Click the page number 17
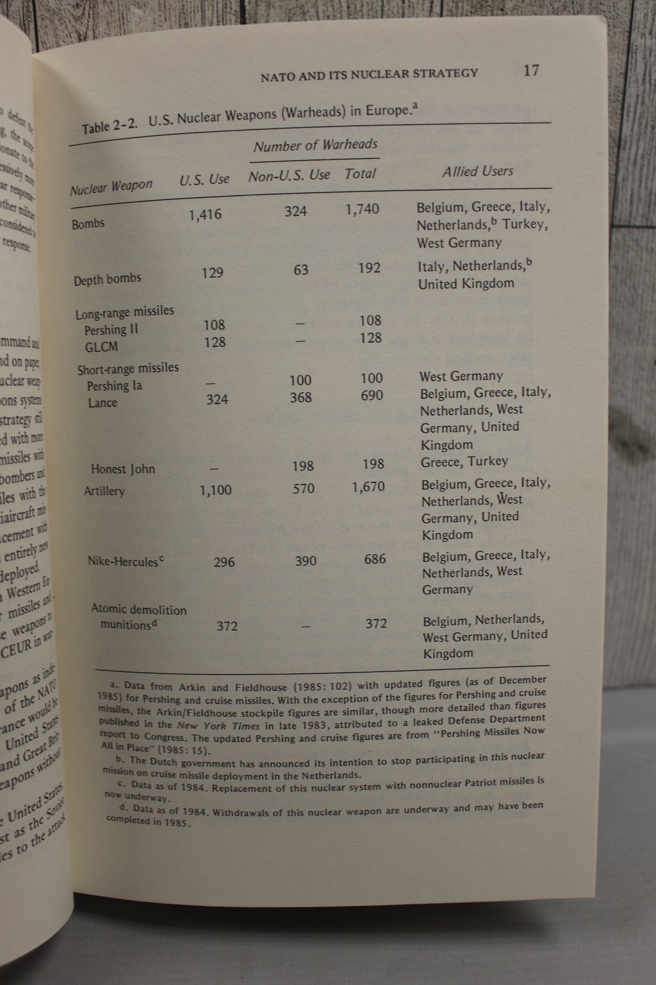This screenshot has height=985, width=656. click(x=531, y=71)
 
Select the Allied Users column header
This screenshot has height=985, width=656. click(x=478, y=171)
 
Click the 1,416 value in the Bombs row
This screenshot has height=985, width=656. click(x=205, y=215)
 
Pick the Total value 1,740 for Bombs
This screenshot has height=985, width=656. click(x=362, y=209)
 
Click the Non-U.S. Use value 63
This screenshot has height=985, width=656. click(x=301, y=270)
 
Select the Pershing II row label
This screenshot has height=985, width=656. click(x=111, y=330)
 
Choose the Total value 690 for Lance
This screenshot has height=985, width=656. click(x=372, y=395)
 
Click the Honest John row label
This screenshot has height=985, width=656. click(x=123, y=469)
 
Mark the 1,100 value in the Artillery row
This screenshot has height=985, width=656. click(x=215, y=490)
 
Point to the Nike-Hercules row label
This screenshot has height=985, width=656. click(x=123, y=561)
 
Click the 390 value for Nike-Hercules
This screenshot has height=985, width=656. click(x=305, y=561)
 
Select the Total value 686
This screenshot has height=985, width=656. click(x=375, y=559)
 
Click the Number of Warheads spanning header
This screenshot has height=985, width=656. click(x=315, y=145)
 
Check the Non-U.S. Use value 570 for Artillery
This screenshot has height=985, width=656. click(x=304, y=489)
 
